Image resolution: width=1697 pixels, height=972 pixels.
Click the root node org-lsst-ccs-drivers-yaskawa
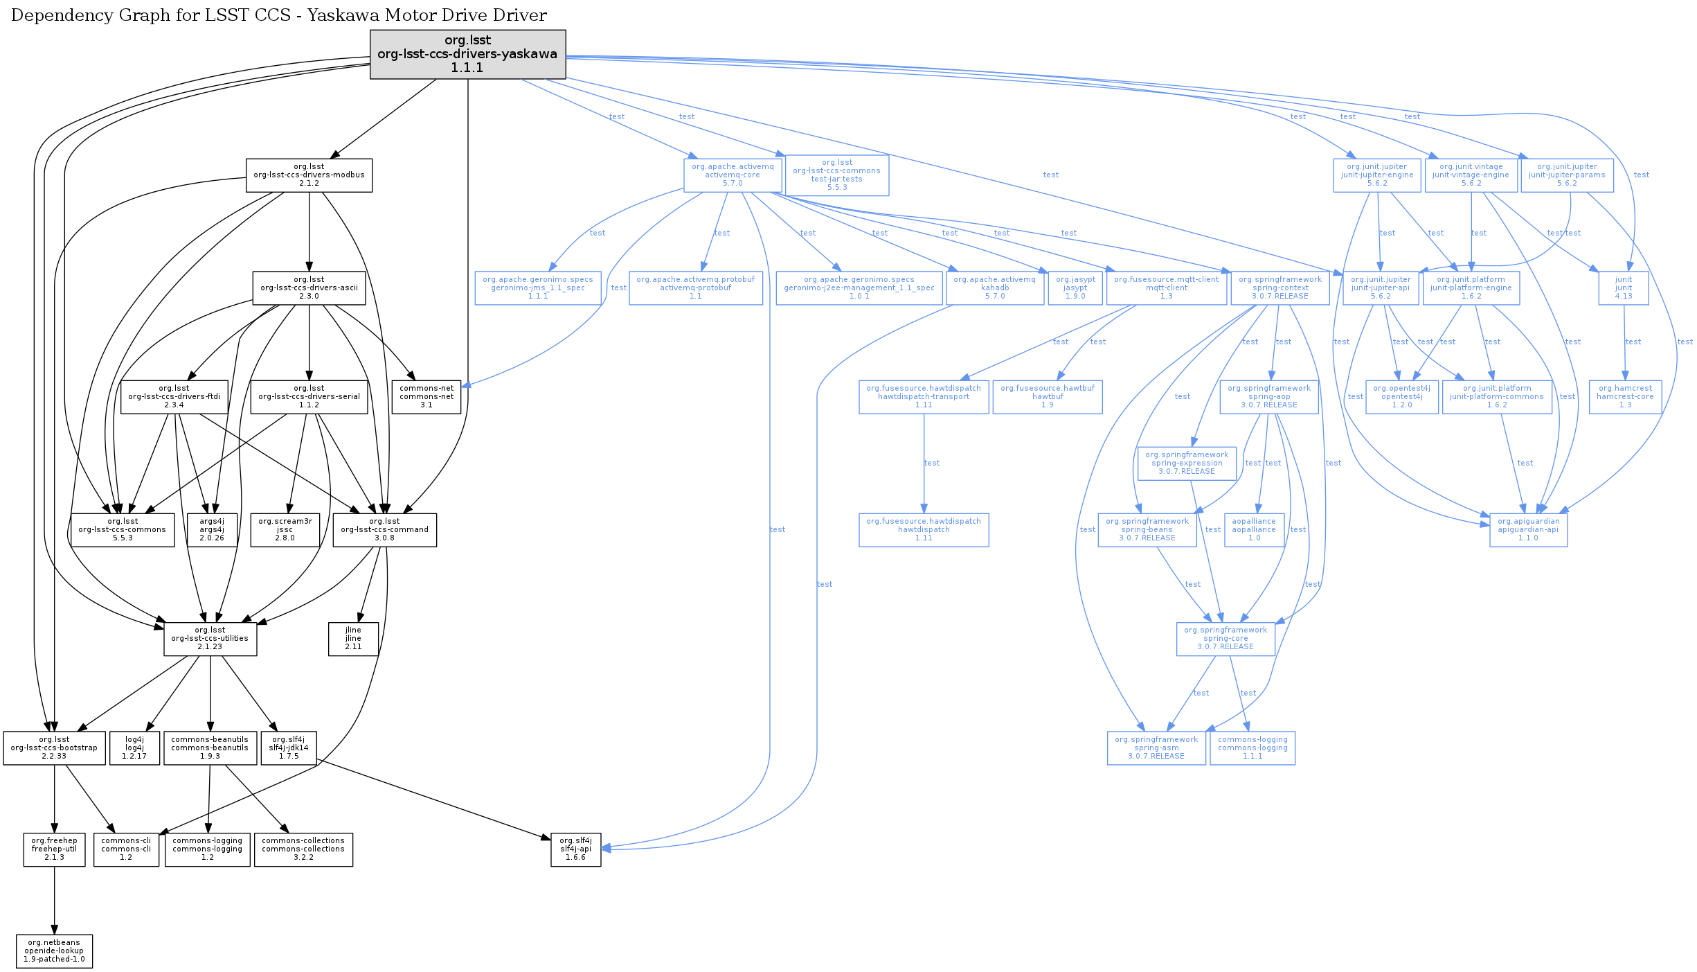coord(467,54)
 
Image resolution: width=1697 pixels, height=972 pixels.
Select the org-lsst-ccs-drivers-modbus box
coord(309,175)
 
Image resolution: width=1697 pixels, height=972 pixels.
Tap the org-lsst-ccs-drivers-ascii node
coord(309,288)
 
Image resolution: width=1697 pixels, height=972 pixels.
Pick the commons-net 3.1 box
coord(426,397)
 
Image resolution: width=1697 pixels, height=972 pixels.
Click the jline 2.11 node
coord(353,639)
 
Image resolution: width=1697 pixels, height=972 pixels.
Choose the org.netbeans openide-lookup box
coord(54,951)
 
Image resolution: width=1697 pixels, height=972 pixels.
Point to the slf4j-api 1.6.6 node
coord(575,849)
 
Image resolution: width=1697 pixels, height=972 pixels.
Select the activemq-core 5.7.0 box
coord(733,175)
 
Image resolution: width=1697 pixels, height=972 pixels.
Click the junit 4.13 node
coord(1623,288)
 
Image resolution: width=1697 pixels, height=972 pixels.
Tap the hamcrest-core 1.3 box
coord(1624,397)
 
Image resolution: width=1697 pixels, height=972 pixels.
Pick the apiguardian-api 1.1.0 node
coord(1528,530)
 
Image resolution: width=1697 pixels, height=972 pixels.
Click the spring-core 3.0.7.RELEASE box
coord(1225,639)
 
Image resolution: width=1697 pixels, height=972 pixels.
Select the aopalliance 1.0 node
coord(1253,530)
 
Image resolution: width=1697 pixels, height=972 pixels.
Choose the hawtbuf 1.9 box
coord(1047,397)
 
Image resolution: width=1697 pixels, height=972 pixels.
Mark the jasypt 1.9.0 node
coord(1075,288)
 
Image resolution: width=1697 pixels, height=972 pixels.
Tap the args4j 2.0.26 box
coord(212,530)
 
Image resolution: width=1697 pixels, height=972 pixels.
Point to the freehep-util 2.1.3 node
coord(54,849)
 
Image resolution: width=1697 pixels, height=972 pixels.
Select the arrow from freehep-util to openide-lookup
coord(54,901)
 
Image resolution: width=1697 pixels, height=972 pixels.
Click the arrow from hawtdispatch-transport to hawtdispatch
coord(924,464)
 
